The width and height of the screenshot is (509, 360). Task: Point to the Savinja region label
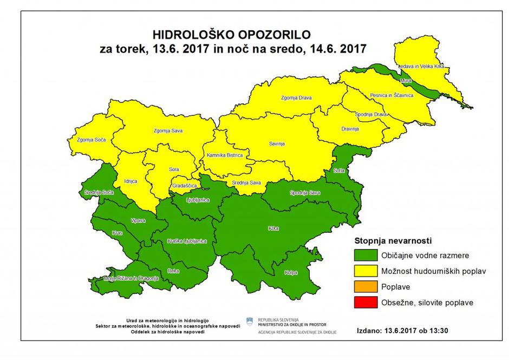[277, 144]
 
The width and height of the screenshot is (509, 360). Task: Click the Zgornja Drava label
[297, 98]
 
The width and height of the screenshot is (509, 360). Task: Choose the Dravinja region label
[350, 129]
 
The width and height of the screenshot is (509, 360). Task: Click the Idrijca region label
[131, 181]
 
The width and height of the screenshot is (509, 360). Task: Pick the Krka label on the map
[273, 228]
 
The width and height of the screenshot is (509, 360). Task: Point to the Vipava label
[139, 221]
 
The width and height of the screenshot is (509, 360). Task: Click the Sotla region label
[340, 171]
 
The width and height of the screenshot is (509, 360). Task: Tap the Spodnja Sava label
[305, 193]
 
